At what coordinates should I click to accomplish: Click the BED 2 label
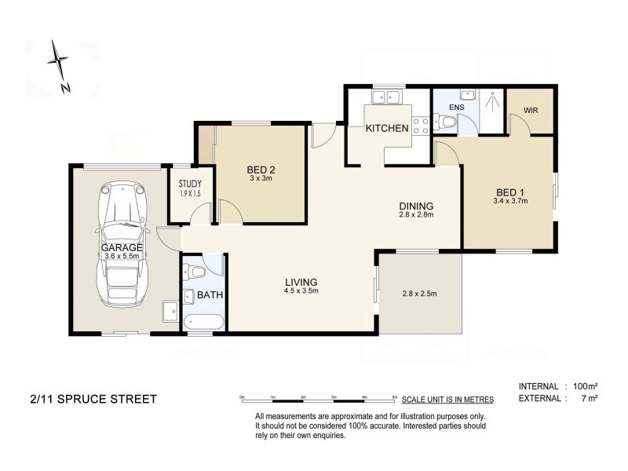pyautogui.click(x=261, y=170)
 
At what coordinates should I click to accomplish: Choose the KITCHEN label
pyautogui.click(x=387, y=128)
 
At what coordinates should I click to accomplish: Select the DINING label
pyautogui.click(x=415, y=206)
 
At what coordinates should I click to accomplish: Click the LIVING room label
pyautogui.click(x=301, y=282)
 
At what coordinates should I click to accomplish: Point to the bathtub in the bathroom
pyautogui.click(x=203, y=322)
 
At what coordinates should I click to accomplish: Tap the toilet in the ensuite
pyautogui.click(x=447, y=122)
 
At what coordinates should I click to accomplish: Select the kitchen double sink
pyautogui.click(x=387, y=98)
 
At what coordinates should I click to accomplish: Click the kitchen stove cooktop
pyautogui.click(x=421, y=123)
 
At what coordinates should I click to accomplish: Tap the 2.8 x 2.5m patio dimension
pyautogui.click(x=418, y=294)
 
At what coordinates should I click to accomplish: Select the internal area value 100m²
pyautogui.click(x=585, y=386)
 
